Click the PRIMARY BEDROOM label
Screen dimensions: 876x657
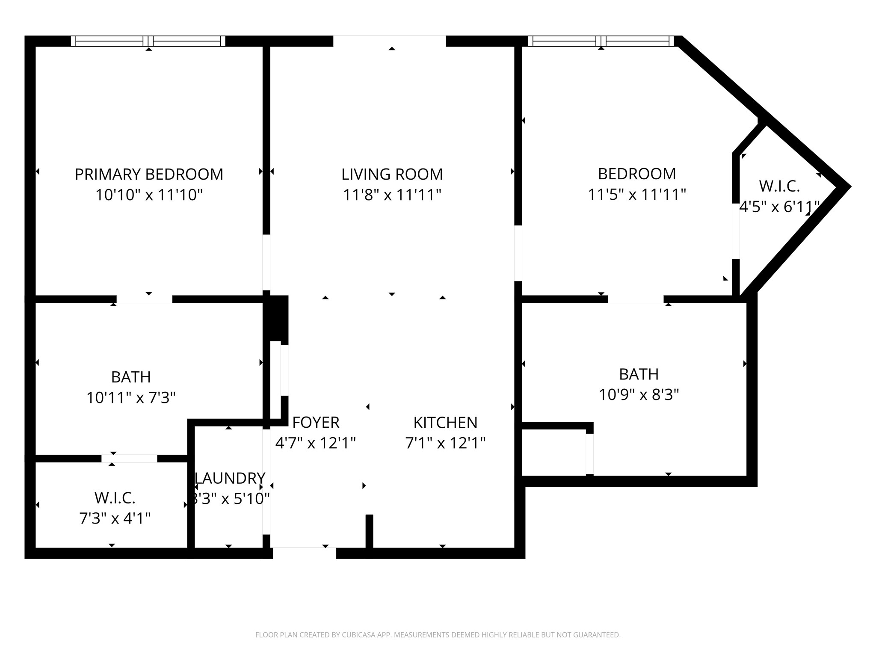pyautogui.click(x=149, y=175)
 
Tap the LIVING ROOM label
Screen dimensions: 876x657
pyautogui.click(x=392, y=175)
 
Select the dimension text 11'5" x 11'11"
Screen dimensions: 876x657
pyautogui.click(x=637, y=195)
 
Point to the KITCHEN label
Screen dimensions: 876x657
pyautogui.click(x=445, y=423)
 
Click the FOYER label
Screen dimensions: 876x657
pyautogui.click(x=316, y=423)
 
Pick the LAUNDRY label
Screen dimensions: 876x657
pyautogui.click(x=230, y=478)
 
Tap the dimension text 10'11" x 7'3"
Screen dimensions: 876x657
pyautogui.click(x=131, y=398)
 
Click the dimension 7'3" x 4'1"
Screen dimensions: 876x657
pyautogui.click(x=115, y=519)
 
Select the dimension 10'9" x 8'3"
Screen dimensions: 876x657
pyautogui.click(x=639, y=395)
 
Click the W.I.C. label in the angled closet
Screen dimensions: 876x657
pyautogui.click(x=779, y=186)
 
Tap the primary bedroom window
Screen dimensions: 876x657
pyautogui.click(x=148, y=41)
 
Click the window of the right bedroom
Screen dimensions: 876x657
pyautogui.click(x=601, y=41)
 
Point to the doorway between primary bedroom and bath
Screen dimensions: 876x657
pyautogui.click(x=145, y=299)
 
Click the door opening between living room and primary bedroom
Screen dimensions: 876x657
pyautogui.click(x=266, y=262)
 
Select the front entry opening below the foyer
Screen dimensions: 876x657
pyautogui.click(x=305, y=553)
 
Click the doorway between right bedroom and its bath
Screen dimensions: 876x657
pyautogui.click(x=636, y=299)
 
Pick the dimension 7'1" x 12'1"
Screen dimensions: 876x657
pyautogui.click(x=445, y=443)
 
